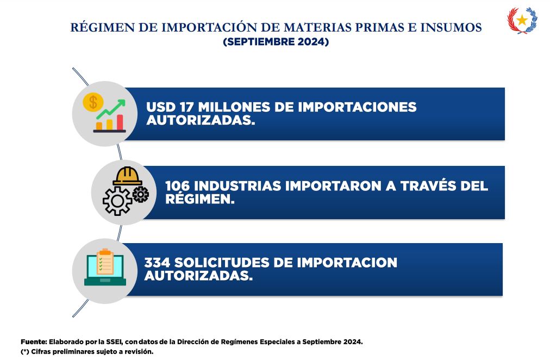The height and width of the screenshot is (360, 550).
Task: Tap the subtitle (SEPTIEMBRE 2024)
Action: (276, 42)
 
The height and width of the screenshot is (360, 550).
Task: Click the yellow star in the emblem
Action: (522, 20)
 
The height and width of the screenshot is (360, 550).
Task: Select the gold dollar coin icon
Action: (93, 102)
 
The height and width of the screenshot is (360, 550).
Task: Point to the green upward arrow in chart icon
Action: (111, 109)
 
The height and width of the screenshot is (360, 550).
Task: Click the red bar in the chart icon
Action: (120, 122)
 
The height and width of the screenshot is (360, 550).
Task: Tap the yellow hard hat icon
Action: (127, 176)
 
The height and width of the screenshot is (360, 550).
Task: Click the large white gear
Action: (117, 201)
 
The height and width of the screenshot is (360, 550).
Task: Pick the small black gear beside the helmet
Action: (141, 194)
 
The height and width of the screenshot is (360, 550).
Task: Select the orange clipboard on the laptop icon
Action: (105, 262)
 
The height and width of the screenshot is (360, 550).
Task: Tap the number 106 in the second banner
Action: (177, 186)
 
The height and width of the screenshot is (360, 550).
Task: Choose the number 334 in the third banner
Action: (157, 263)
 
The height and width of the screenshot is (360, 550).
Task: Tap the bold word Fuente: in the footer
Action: (34, 342)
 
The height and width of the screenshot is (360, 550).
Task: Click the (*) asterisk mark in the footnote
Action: (24, 352)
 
